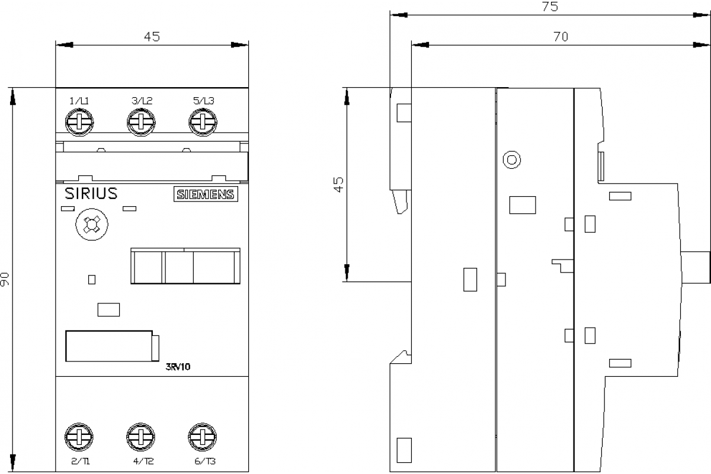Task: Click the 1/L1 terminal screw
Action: pyautogui.click(x=78, y=123)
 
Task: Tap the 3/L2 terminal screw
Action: pyautogui.click(x=141, y=123)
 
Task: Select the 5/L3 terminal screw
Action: pyautogui.click(x=203, y=123)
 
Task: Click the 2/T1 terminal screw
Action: pyautogui.click(x=78, y=438)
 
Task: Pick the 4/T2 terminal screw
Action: pyautogui.click(x=141, y=438)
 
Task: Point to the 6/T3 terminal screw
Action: pyautogui.click(x=203, y=438)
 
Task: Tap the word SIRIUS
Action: pyautogui.click(x=91, y=194)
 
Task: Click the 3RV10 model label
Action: pyautogui.click(x=178, y=366)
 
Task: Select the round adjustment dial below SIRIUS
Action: pyautogui.click(x=90, y=226)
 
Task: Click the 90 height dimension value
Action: pyautogui.click(x=5, y=279)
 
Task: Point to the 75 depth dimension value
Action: pyautogui.click(x=549, y=7)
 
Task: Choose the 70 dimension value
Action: pyautogui.click(x=561, y=37)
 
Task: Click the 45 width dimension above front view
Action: pyautogui.click(x=152, y=37)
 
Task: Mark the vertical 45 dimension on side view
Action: pyautogui.click(x=338, y=184)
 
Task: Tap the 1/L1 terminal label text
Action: pyautogui.click(x=79, y=101)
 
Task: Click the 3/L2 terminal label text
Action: pyautogui.click(x=142, y=101)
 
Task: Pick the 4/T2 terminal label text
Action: pyautogui.click(x=142, y=462)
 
